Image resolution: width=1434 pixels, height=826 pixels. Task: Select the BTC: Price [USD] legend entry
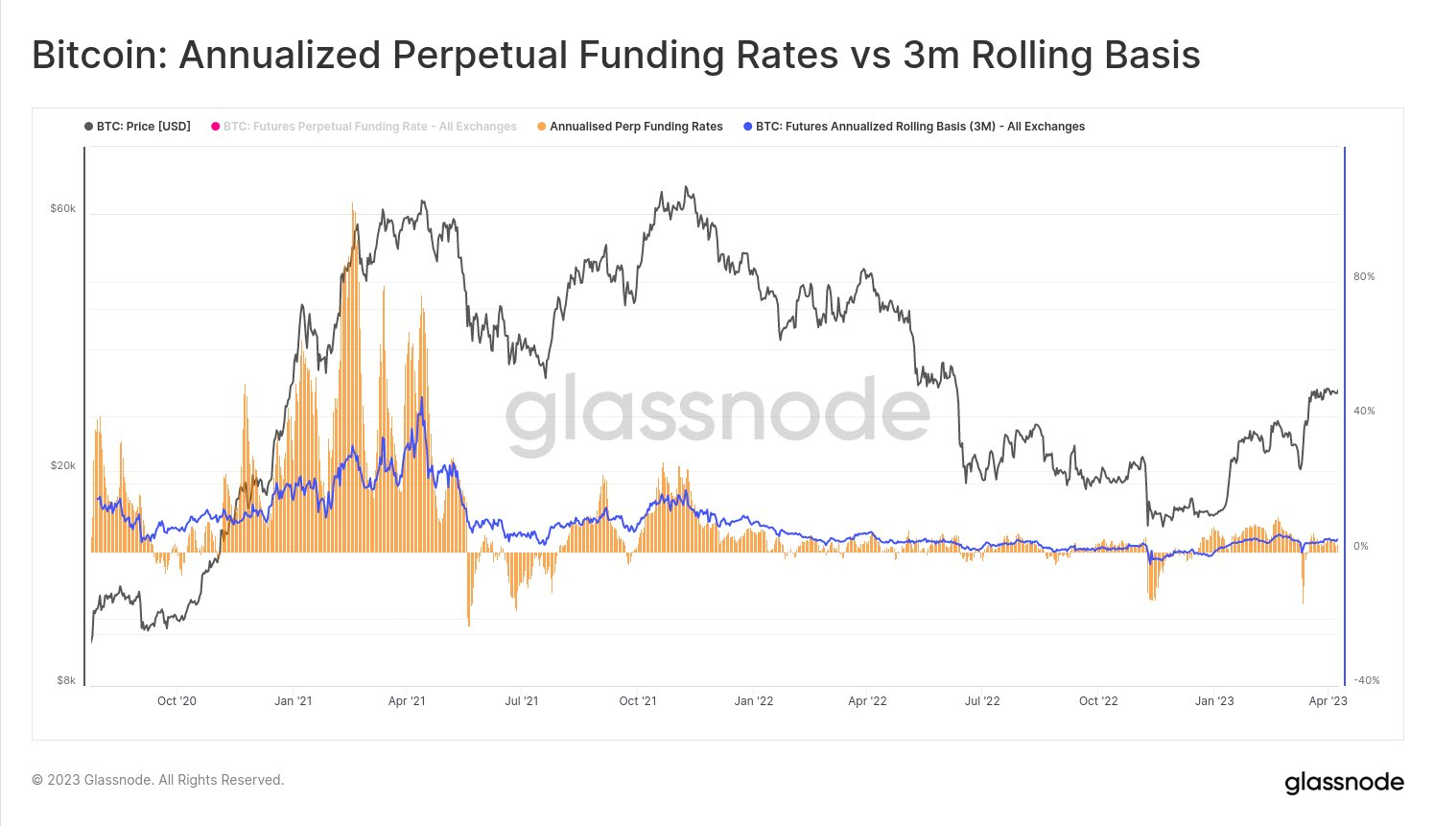click(x=143, y=127)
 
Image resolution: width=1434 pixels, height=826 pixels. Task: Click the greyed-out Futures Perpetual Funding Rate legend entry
click(x=369, y=127)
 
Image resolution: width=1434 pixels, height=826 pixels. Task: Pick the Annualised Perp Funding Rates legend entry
click(x=636, y=127)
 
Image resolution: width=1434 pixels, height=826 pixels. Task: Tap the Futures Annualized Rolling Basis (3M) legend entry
click(x=920, y=127)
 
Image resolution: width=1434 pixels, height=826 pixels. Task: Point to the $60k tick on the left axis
click(x=62, y=208)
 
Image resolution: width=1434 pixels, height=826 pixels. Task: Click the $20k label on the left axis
click(x=62, y=465)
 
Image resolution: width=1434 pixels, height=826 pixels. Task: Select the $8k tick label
click(x=65, y=680)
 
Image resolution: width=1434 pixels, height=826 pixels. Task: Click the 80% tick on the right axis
click(x=1363, y=276)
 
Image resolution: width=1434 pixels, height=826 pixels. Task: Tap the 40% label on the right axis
click(x=1363, y=411)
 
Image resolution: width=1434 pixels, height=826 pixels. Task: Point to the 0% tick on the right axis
click(x=1361, y=546)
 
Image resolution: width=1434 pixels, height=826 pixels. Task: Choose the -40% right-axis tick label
click(x=1365, y=680)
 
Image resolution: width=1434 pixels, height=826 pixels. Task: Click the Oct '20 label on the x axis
click(x=176, y=701)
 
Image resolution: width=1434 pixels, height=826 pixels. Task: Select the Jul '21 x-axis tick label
click(x=521, y=701)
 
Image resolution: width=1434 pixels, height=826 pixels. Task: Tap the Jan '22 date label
click(x=754, y=701)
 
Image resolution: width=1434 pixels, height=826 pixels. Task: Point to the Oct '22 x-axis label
click(x=1098, y=701)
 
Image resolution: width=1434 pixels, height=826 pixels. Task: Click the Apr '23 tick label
click(x=1328, y=701)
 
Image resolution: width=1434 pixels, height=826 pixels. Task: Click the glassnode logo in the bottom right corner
click(x=1344, y=783)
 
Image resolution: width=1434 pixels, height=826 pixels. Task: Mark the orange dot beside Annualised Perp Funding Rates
click(x=542, y=127)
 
